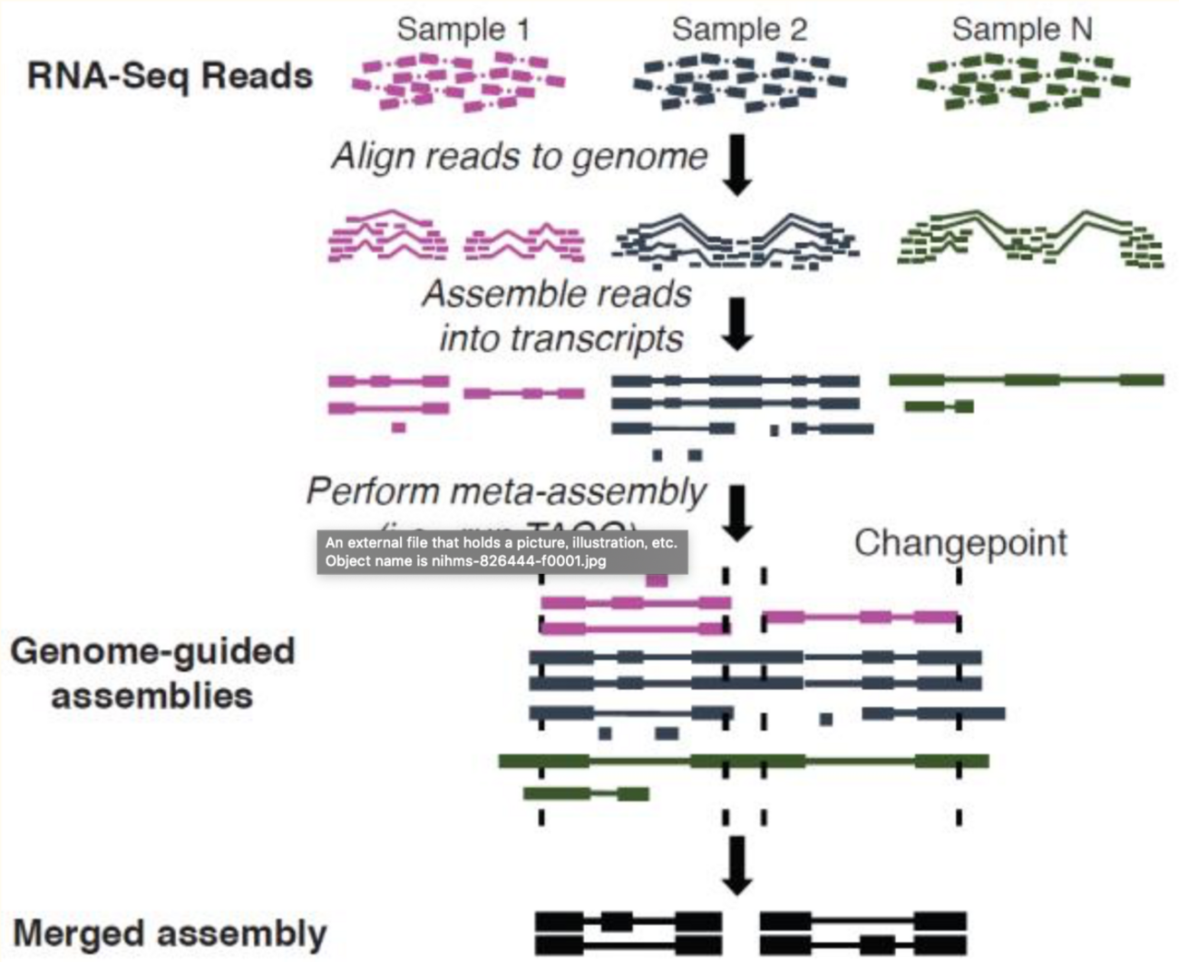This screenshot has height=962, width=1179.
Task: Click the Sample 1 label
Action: [x=463, y=29]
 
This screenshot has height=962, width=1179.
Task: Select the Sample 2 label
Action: [x=739, y=29]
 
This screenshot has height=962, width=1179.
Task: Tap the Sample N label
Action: [x=1022, y=29]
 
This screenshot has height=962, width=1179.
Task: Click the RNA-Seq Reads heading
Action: [x=170, y=76]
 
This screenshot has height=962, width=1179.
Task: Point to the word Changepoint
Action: [x=960, y=542]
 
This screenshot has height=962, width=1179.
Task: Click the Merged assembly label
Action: [x=170, y=933]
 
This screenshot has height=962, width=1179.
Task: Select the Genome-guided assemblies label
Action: [x=152, y=674]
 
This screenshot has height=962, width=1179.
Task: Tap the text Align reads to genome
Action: [x=519, y=156]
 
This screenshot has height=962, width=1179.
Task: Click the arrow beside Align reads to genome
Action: [x=738, y=164]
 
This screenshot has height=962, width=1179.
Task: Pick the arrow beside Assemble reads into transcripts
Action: [x=738, y=324]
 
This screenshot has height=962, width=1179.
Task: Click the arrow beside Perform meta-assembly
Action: [x=738, y=512]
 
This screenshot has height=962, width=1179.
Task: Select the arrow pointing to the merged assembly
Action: [x=738, y=864]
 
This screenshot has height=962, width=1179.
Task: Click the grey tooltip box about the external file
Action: [x=502, y=551]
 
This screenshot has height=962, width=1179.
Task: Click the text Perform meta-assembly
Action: [x=505, y=491]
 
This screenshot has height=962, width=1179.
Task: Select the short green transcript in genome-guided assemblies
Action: [x=586, y=794]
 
